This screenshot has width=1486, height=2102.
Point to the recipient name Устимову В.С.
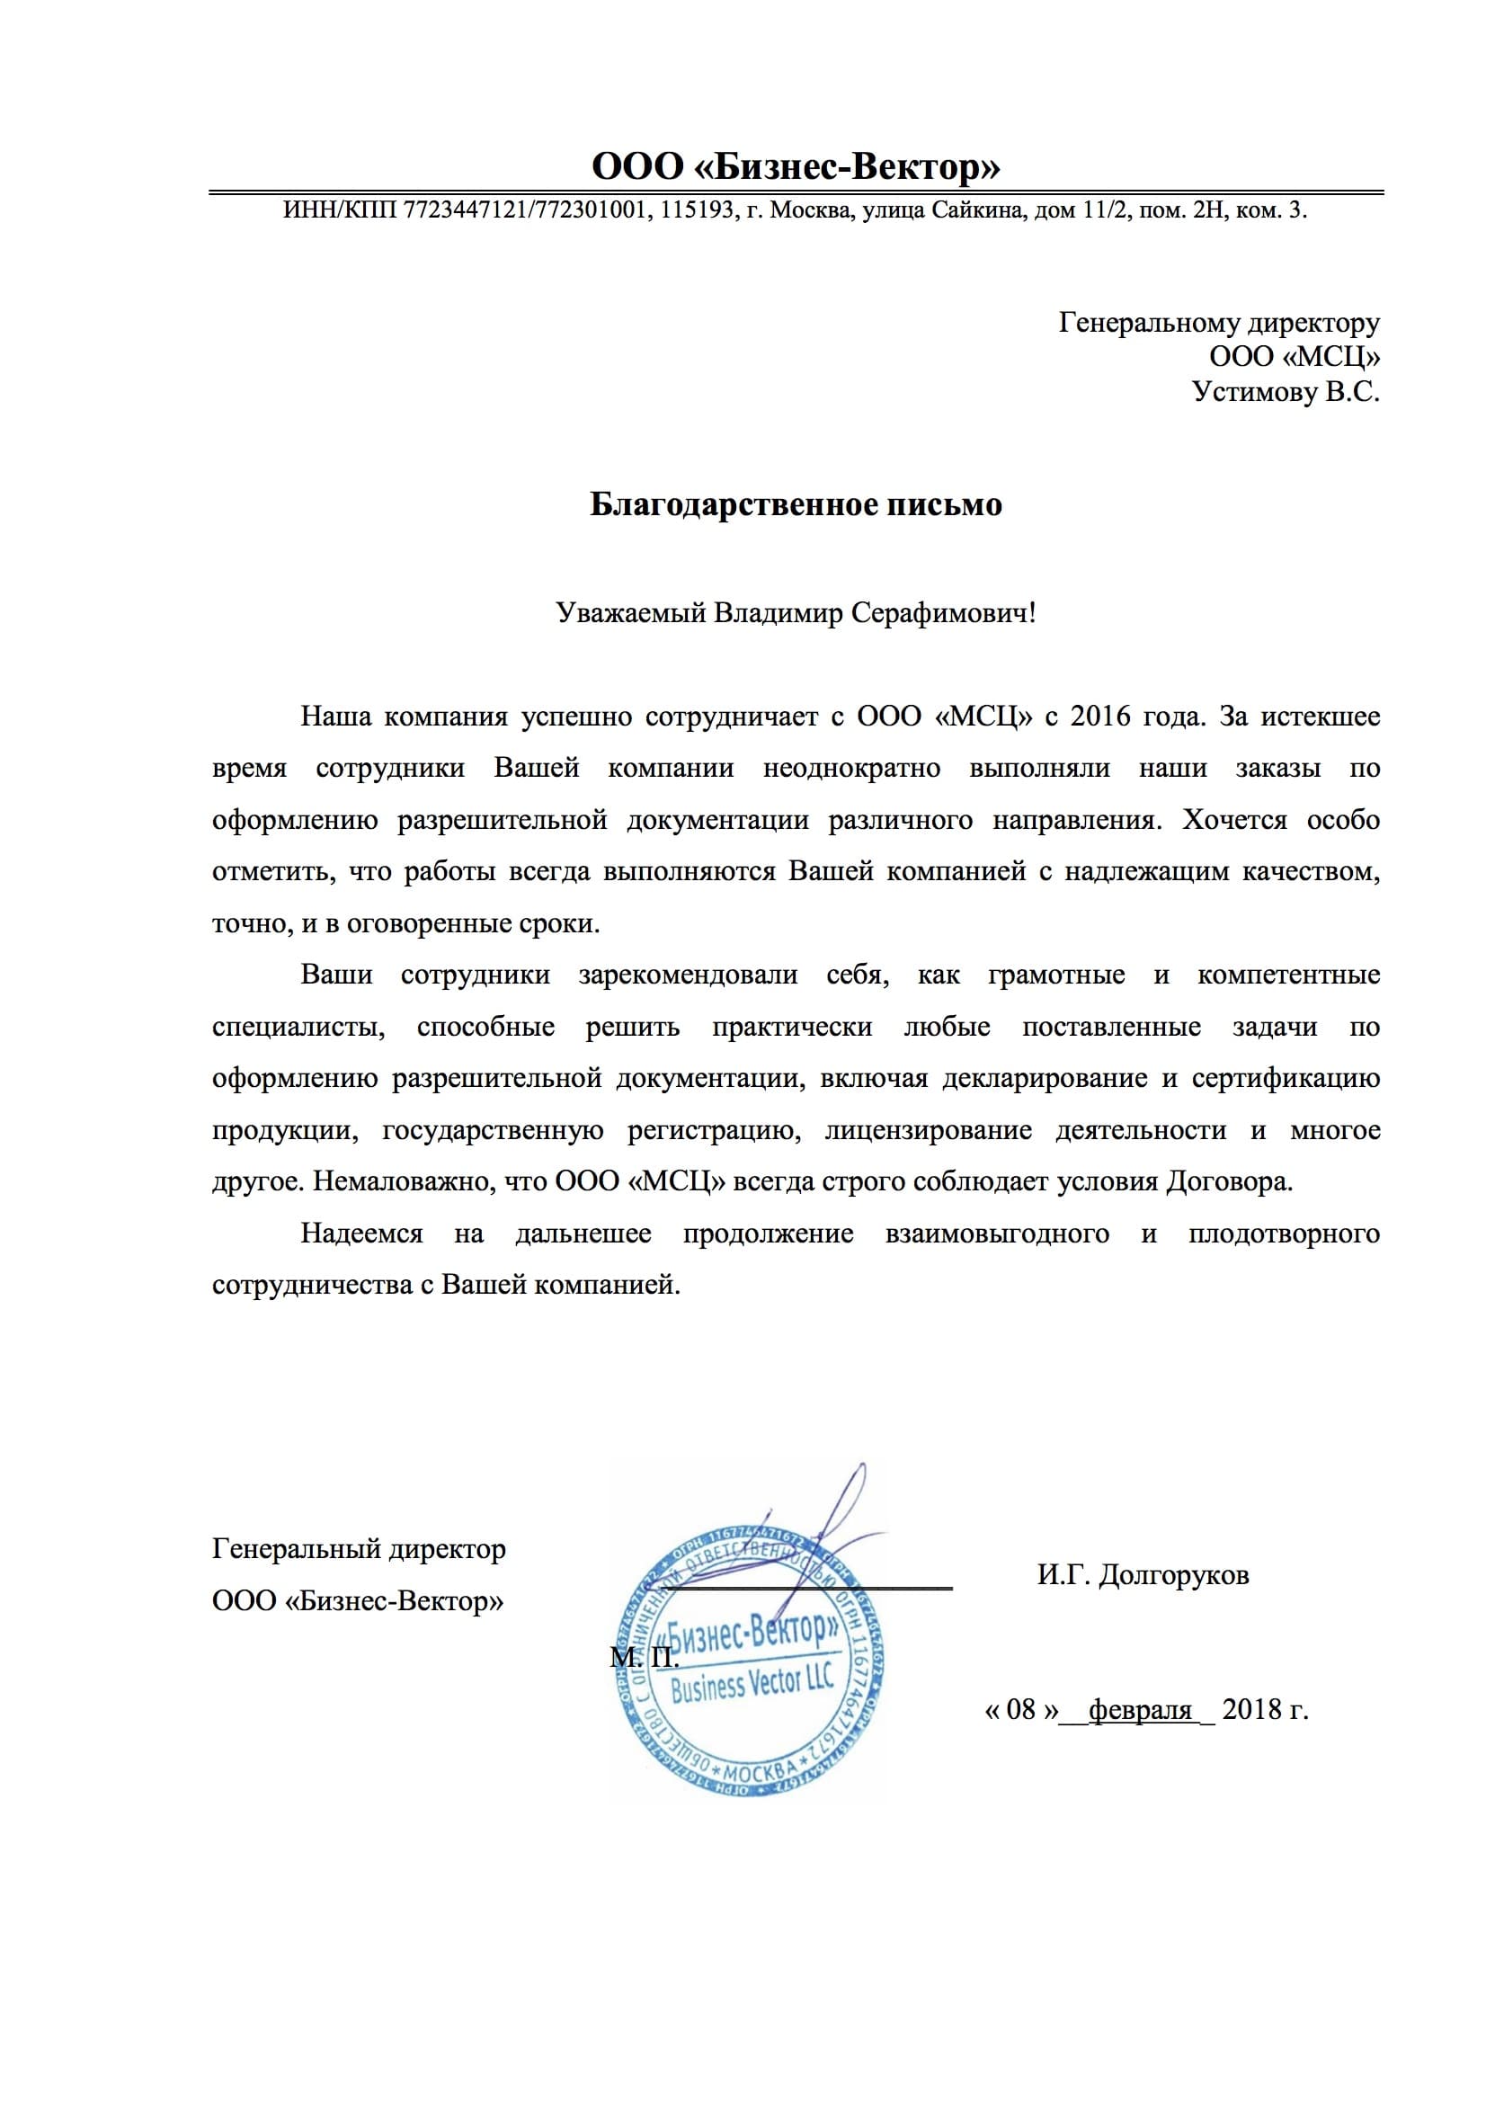1285,392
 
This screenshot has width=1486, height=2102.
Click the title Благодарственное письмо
795,504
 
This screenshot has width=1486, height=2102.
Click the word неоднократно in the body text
851,767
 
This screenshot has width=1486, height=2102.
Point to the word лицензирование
929,1130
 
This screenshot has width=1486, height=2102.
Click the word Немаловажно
399,1181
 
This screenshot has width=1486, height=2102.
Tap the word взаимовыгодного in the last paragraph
997,1234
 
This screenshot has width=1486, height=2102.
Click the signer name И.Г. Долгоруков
1143,1574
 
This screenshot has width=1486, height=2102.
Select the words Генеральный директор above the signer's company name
359,1549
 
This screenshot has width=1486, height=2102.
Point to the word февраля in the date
1140,1709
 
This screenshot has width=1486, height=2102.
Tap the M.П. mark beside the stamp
644,1656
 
